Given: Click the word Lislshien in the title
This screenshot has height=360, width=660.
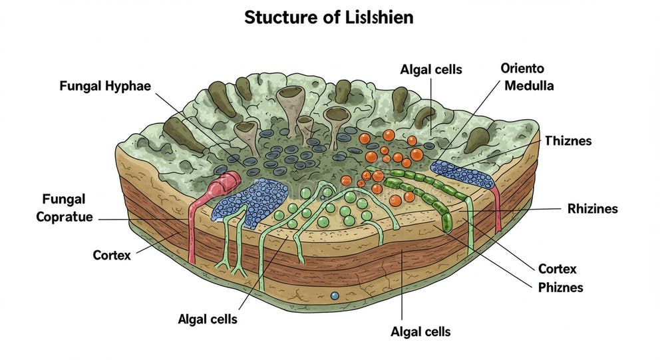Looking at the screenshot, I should pyautogui.click(x=375, y=17).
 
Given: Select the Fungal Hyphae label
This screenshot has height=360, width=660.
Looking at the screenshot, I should pyautogui.click(x=105, y=86).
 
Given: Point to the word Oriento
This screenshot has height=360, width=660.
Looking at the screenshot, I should pyautogui.click(x=522, y=69).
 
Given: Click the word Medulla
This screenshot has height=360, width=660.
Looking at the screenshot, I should pyautogui.click(x=529, y=86).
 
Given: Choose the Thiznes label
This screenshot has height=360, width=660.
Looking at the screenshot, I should pyautogui.click(x=568, y=141).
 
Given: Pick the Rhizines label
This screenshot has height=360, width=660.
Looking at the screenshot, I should pyautogui.click(x=592, y=209).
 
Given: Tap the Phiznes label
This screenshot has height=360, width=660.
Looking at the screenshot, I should pyautogui.click(x=560, y=287).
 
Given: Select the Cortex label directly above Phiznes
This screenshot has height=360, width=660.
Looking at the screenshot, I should pyautogui.click(x=557, y=269).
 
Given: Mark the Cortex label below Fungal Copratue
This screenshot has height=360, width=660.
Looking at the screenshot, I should pyautogui.click(x=112, y=255).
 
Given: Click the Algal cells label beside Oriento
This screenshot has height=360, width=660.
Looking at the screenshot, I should pyautogui.click(x=430, y=69).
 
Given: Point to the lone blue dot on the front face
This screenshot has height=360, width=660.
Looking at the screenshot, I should pyautogui.click(x=335, y=295).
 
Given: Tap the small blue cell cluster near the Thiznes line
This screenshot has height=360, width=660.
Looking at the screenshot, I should pyautogui.click(x=462, y=174).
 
